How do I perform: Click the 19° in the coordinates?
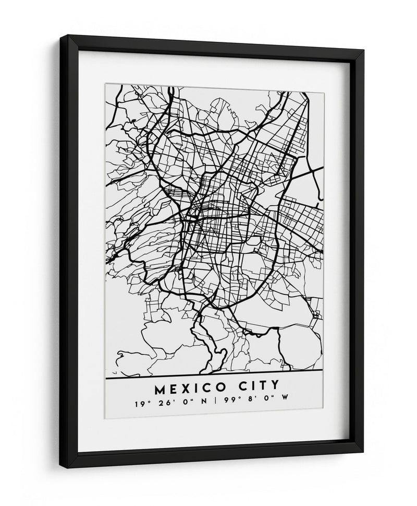(140, 404)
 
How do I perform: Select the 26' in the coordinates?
(160, 404)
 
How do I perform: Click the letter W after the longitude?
(285, 404)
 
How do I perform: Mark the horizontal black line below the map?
(214, 377)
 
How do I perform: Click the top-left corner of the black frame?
(69, 37)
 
